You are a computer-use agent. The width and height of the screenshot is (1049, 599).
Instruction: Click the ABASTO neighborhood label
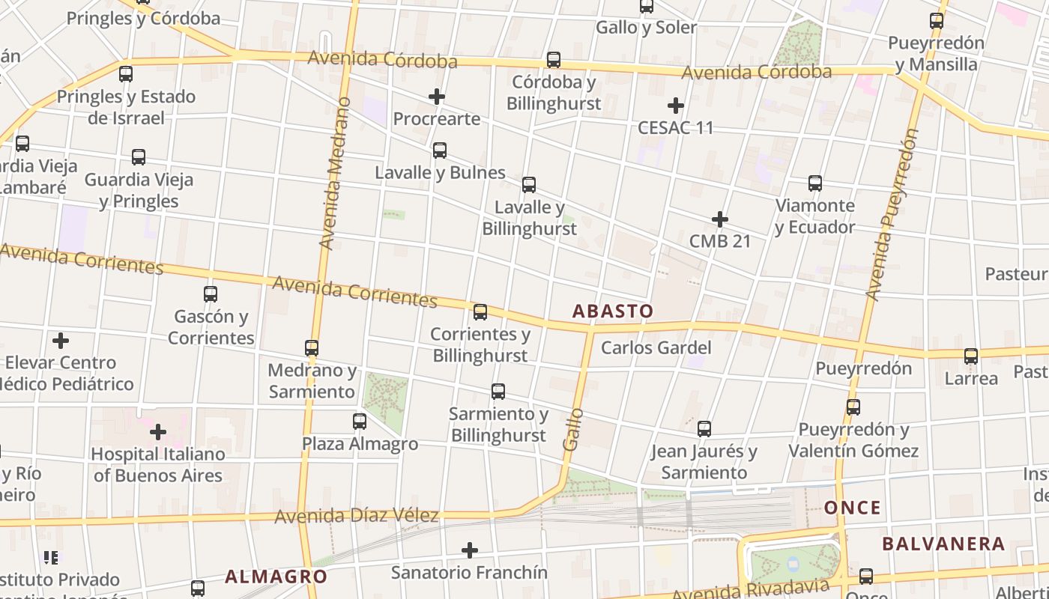coord(612,311)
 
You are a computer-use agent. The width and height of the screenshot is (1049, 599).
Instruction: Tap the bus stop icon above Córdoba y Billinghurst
coord(554,60)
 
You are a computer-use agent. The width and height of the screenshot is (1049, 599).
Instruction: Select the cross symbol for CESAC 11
coord(676,106)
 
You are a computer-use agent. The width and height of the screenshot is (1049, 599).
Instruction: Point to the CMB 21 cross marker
coord(720,219)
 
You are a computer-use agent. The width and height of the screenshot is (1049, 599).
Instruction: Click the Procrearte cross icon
coord(437,97)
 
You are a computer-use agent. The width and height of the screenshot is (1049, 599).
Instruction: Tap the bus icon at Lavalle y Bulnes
coord(440,150)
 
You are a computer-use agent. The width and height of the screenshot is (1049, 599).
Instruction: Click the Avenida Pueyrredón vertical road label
coord(891,215)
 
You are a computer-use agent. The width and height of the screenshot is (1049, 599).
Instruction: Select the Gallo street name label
coord(572,429)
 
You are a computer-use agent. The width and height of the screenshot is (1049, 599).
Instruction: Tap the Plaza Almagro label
coord(360,444)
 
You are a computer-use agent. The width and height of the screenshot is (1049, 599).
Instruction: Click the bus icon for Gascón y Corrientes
coord(211,294)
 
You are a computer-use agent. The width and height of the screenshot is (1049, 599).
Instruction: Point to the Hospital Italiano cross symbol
coord(158,432)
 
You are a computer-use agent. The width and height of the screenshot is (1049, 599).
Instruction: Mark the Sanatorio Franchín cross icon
coord(470,550)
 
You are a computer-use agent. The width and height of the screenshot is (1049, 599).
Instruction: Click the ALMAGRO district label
coord(276,577)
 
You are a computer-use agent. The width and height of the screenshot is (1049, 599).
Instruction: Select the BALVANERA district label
coord(943,544)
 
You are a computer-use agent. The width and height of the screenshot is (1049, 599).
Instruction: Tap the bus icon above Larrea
coord(971,356)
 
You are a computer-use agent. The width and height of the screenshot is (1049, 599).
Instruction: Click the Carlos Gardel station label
coord(656,348)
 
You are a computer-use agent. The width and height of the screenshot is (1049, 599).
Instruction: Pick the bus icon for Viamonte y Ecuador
coord(815,183)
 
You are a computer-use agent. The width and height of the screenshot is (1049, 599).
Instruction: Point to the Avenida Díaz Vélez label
coord(356,517)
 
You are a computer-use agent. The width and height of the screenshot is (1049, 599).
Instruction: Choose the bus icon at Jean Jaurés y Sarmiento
coord(704,429)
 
